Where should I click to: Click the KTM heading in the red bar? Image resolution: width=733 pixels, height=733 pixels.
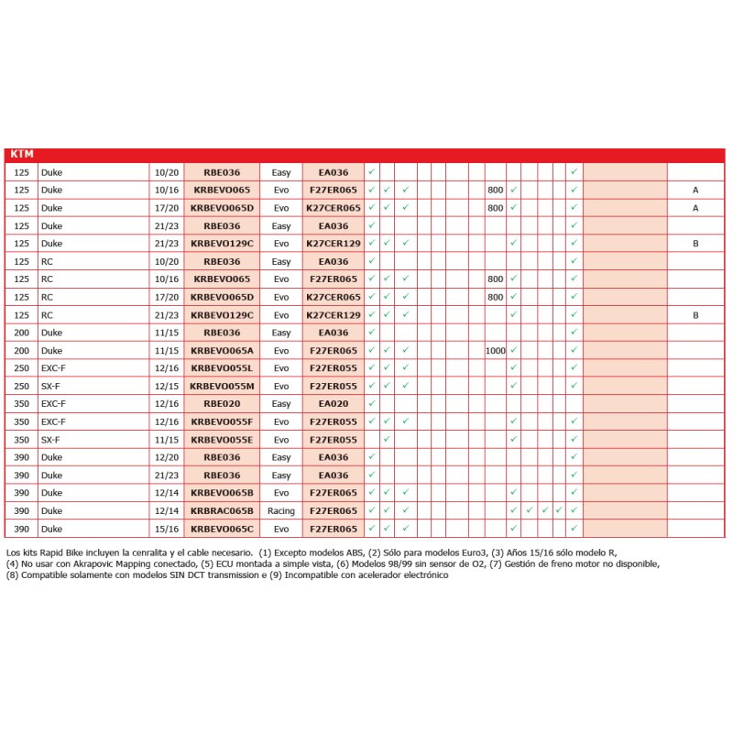coord(21,155)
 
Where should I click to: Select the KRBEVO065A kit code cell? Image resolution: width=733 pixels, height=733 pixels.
coord(222,350)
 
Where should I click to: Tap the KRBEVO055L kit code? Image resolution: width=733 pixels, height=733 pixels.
coord(222,367)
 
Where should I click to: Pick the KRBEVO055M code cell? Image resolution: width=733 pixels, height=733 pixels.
coord(222,386)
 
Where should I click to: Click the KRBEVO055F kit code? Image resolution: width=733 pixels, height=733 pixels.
coord(222,421)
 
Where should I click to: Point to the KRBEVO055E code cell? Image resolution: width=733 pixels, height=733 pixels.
coord(222,440)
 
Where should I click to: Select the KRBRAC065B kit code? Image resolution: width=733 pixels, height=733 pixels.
coord(222,510)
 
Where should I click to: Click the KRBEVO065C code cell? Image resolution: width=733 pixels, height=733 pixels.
coord(222,529)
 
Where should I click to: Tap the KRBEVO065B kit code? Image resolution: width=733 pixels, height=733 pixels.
coord(222,493)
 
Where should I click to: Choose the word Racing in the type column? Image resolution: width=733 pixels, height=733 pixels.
coord(281,510)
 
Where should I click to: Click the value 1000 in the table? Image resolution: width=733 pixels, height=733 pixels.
coord(496,350)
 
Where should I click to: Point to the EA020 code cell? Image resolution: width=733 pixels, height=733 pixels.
coord(333,403)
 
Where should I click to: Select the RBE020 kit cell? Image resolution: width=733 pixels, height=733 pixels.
coord(222,403)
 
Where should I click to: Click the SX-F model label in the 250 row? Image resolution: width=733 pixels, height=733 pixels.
coord(52,386)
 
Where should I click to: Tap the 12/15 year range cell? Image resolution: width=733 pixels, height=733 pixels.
coord(167,386)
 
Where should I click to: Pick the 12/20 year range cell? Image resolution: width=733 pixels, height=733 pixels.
coord(167,457)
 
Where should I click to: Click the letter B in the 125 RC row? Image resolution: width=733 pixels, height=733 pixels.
coord(695,314)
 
